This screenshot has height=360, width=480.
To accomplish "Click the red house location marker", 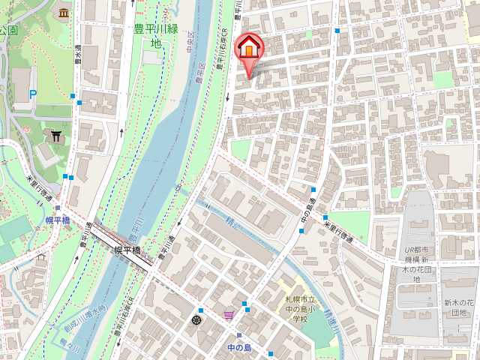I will tap(249, 50).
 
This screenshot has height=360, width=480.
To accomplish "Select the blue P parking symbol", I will tap(32, 94).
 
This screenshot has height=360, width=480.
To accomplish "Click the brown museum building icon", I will tap(63, 12).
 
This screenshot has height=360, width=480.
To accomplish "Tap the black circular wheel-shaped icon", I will tap(196, 320).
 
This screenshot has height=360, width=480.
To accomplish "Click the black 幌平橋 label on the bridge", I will tap(127, 251).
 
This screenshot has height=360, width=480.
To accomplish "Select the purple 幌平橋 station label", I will tap(57, 220).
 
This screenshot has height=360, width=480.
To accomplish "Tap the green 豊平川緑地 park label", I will tap(155, 36).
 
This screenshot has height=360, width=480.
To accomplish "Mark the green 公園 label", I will tap(8, 30).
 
